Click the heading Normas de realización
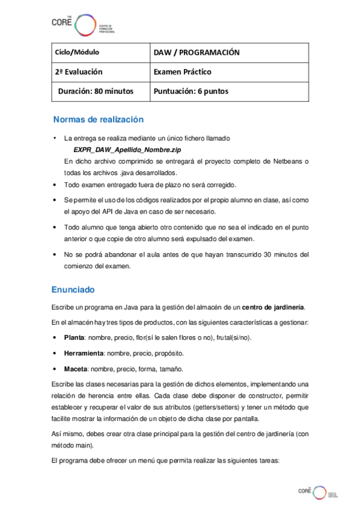point(98,119)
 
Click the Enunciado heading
point(73,289)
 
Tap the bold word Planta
point(74,337)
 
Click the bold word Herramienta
point(84,353)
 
